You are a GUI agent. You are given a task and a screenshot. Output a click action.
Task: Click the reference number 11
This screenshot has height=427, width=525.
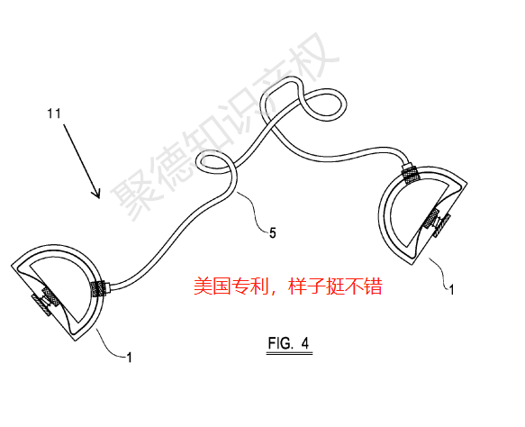tap(54, 114)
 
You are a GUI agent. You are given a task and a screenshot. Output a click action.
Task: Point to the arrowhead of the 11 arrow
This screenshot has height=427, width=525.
tap(96, 194)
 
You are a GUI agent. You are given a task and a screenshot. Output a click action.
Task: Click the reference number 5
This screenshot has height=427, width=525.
tap(273, 233)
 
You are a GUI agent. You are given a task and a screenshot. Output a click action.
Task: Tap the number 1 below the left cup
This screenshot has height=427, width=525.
tap(130, 358)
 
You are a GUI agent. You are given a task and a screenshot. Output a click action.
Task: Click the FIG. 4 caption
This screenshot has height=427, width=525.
tap(289, 343)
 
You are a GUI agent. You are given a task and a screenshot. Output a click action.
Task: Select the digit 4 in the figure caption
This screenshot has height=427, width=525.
tap(304, 343)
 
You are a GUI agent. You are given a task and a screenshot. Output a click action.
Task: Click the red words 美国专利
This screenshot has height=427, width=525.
tap(231, 286)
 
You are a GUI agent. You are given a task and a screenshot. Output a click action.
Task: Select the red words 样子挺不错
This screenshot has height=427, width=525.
tap(335, 286)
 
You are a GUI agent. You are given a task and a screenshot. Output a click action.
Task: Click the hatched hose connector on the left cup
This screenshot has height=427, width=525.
tap(97, 288)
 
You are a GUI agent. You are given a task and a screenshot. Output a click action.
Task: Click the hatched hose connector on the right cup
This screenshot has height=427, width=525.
tap(412, 174)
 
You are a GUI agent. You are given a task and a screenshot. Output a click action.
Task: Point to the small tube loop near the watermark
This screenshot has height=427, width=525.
tap(198, 160)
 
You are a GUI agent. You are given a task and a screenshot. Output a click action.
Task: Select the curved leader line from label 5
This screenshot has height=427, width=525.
tap(255, 210)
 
